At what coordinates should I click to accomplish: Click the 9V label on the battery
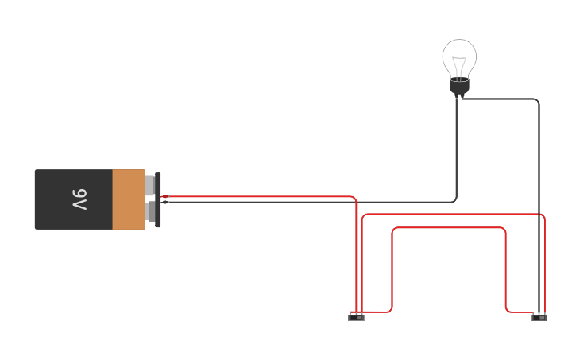(x=79, y=199)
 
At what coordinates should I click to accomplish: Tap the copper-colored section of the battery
(x=128, y=199)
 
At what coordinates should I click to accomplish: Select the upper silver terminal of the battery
(x=149, y=185)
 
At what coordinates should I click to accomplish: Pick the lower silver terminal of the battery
(x=149, y=212)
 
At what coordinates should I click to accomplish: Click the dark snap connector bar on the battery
(x=158, y=199)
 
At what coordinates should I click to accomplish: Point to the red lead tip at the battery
(x=165, y=196)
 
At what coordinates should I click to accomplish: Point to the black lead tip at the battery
(x=165, y=202)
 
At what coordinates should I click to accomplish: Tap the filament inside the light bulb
(x=459, y=65)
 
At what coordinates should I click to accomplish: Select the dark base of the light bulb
(x=459, y=86)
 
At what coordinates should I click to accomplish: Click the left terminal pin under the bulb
(x=457, y=96)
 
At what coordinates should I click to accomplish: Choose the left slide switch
(x=356, y=317)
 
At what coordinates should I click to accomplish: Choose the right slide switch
(x=539, y=317)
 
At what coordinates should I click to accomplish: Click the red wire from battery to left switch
(x=262, y=196)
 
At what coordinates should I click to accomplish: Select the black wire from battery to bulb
(x=318, y=202)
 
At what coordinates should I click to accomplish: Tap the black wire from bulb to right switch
(x=539, y=199)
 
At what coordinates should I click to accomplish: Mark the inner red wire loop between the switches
(x=449, y=228)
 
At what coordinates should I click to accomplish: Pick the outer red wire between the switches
(x=453, y=214)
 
